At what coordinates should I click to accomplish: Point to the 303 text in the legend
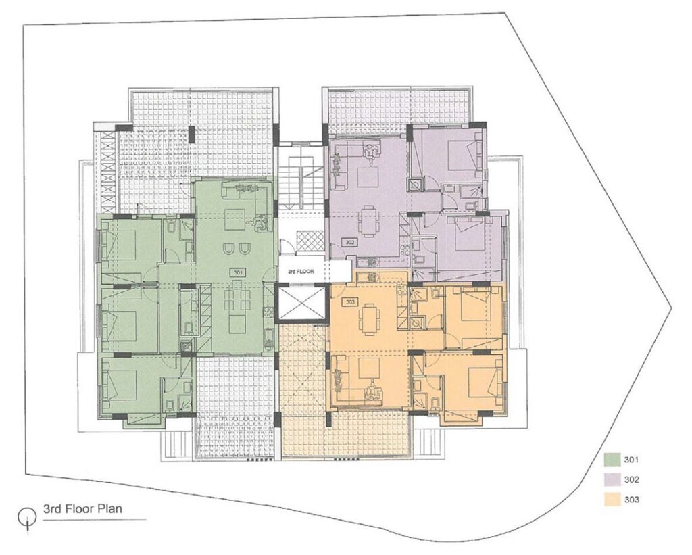632,500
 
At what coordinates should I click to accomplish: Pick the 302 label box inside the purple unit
350,242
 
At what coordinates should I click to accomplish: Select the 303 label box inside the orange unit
350,302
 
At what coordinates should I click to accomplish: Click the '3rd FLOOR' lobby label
301,272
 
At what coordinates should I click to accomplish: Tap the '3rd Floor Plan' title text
82,508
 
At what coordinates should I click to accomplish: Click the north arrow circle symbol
27,514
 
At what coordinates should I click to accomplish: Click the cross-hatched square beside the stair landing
310,241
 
